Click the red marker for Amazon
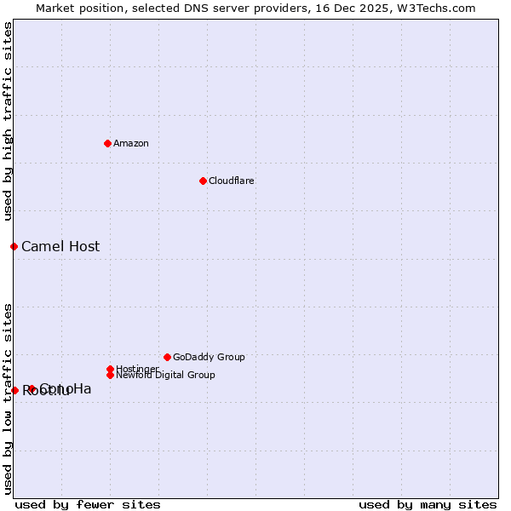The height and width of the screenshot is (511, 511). (x=107, y=143)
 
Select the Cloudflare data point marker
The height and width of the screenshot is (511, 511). (x=203, y=181)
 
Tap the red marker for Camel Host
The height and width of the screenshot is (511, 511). (x=14, y=246)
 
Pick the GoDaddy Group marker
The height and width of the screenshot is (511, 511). (x=167, y=357)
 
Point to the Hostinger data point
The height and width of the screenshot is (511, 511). (x=110, y=369)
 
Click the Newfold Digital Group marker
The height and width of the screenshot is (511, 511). (x=110, y=375)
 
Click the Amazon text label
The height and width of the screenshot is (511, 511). (x=131, y=143)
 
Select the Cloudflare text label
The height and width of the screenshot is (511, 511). (x=232, y=181)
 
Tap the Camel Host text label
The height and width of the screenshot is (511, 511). (x=60, y=247)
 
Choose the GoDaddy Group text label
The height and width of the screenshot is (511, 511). (x=209, y=357)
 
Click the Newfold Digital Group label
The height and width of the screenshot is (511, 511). (x=165, y=375)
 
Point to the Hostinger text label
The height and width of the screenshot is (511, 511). (x=136, y=368)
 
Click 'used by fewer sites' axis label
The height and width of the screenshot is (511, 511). (x=88, y=504)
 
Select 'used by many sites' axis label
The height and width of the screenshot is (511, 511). (x=428, y=504)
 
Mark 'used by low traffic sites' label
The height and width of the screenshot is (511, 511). (x=9, y=398)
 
